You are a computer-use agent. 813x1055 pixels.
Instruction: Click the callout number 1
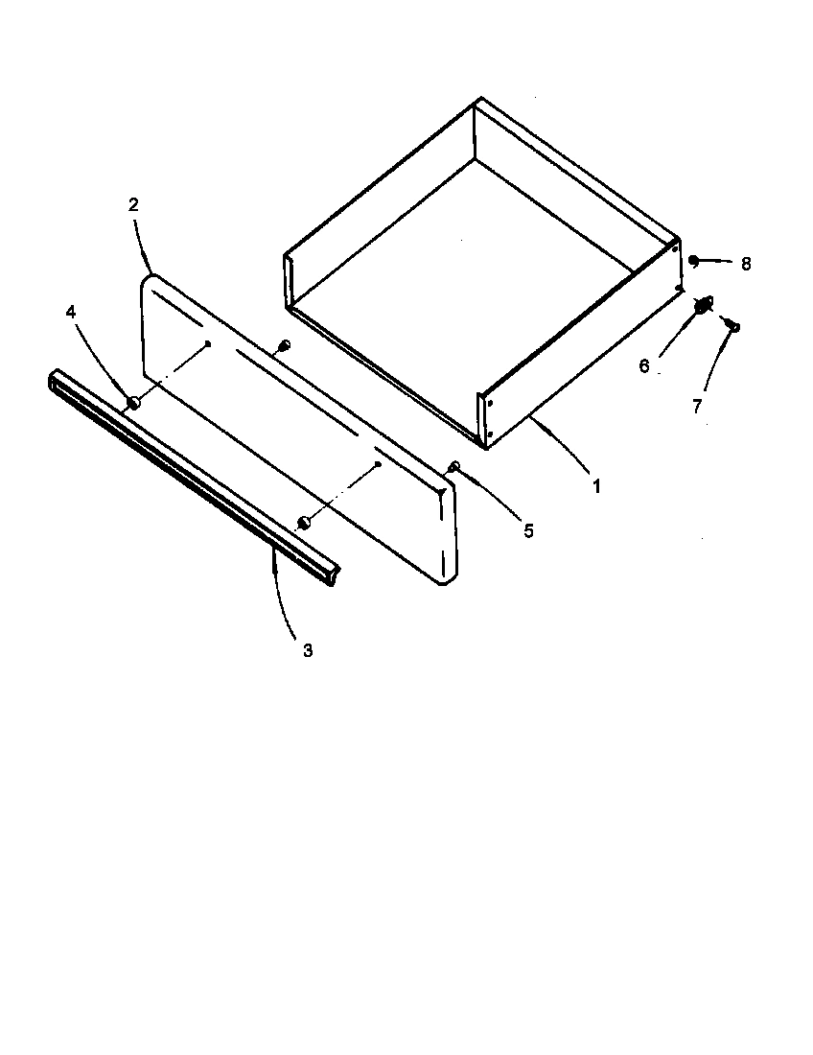(x=596, y=486)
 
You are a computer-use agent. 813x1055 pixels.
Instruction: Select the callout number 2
(x=133, y=203)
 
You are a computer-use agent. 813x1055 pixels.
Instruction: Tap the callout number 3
(x=308, y=650)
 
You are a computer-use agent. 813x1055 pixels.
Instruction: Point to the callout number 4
(x=71, y=312)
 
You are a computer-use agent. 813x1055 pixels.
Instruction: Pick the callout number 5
(x=528, y=530)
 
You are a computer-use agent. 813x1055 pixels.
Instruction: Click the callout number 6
(x=644, y=365)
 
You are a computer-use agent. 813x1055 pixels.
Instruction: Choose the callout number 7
(x=697, y=406)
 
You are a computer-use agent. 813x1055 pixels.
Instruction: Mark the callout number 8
(x=746, y=263)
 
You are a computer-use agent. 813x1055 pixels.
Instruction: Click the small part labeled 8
(x=693, y=260)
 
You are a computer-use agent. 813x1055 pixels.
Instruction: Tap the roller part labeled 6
(x=703, y=305)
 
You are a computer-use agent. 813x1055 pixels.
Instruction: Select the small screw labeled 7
(x=733, y=326)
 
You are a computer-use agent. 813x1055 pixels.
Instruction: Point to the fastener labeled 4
(x=133, y=403)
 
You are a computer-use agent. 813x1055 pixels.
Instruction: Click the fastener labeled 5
(x=453, y=466)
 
